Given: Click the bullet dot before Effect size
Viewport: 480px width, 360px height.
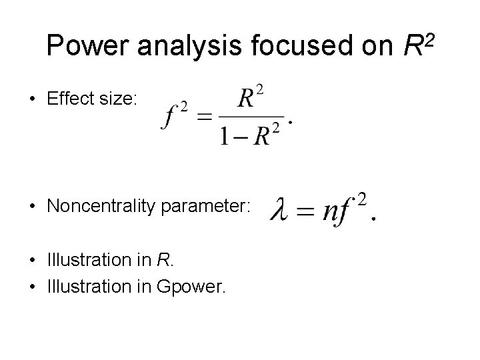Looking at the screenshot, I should click(x=32, y=100).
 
